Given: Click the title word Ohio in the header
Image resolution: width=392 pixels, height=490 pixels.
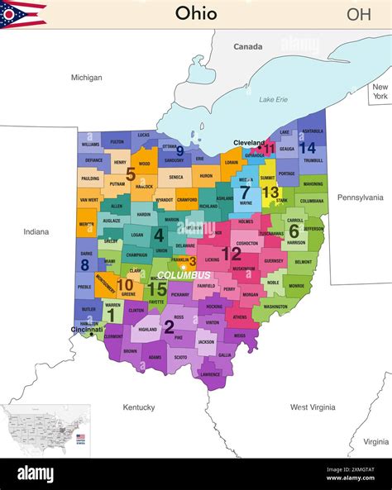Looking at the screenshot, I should [196, 13].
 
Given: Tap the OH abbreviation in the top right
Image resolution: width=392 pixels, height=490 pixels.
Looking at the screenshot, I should [358, 14].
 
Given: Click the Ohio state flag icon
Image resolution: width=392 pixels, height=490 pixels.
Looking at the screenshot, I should [23, 14].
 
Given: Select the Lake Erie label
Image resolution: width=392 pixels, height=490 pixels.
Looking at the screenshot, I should [273, 100].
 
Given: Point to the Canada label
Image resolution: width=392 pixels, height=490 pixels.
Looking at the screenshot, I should [247, 47].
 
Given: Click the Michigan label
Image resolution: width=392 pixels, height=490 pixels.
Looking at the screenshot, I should [87, 78].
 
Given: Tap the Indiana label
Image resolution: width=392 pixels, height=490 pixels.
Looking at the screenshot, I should [36, 232].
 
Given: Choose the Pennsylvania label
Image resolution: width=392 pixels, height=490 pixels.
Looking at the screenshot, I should [360, 197].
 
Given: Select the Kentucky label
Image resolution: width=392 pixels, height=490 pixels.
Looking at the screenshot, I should [139, 407].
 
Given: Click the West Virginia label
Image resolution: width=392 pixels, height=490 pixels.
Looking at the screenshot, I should [313, 407].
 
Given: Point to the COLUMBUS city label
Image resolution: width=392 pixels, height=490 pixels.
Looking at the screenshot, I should [184, 274].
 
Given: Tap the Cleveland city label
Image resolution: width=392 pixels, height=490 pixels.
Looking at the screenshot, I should [249, 142].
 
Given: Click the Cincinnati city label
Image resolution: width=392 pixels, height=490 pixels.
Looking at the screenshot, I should [87, 330].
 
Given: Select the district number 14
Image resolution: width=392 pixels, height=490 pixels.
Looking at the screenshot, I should [308, 148].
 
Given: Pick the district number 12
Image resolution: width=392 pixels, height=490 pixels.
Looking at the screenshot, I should [231, 254].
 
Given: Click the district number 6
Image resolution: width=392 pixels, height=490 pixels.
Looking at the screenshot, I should [294, 231].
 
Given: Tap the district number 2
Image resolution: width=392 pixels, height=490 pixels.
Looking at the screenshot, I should [169, 327].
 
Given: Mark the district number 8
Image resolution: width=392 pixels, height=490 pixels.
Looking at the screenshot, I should [85, 265].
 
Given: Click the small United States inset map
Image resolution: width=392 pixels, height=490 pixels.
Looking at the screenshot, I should [45, 430].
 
